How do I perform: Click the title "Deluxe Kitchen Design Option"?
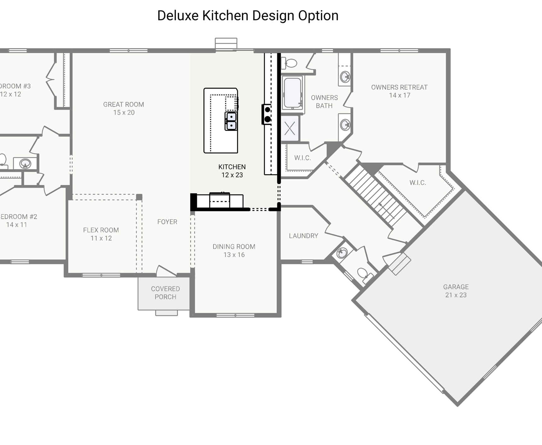[248, 15]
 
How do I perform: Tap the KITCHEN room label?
[232, 167]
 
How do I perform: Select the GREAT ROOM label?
[124, 104]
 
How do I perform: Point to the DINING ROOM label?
[234, 246]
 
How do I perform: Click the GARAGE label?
[456, 287]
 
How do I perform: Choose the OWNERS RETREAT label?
[399, 87]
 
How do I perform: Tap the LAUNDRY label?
[303, 236]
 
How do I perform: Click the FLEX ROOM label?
[101, 230]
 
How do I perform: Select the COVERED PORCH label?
[165, 293]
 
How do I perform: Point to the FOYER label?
[167, 222]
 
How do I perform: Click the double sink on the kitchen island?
[231, 121]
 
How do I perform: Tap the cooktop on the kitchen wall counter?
[267, 114]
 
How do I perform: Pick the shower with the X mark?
[290, 128]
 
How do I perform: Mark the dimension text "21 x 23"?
[456, 295]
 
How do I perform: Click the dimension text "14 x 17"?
[400, 95]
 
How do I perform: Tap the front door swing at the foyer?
[166, 271]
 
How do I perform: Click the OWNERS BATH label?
[324, 102]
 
